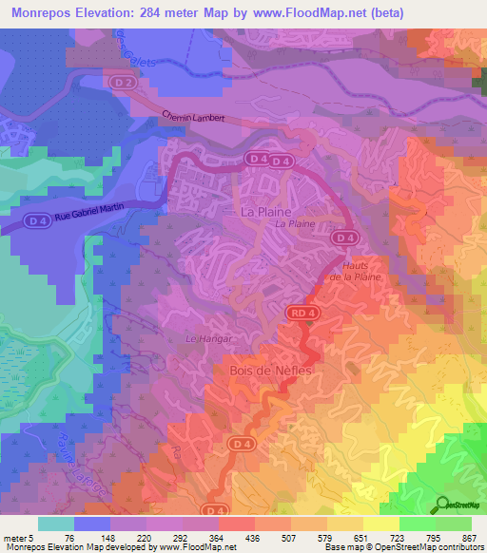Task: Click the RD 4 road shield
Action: (x=299, y=312)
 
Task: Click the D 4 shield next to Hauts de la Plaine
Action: (x=345, y=238)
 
